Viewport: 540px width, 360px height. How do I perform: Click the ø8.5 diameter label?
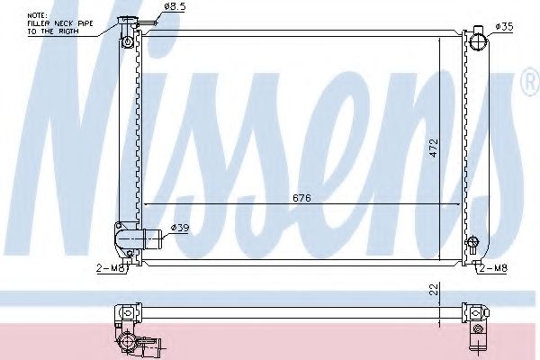click(x=174, y=8)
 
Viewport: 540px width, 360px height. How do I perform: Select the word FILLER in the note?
click(x=41, y=23)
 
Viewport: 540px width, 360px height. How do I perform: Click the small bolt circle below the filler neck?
click(x=128, y=43)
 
